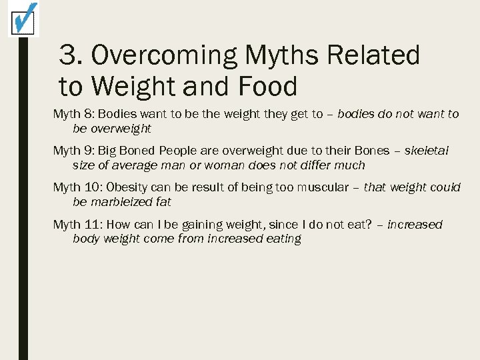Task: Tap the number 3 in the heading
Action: [67, 55]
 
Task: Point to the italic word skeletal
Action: [427, 151]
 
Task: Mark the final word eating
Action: [283, 239]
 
